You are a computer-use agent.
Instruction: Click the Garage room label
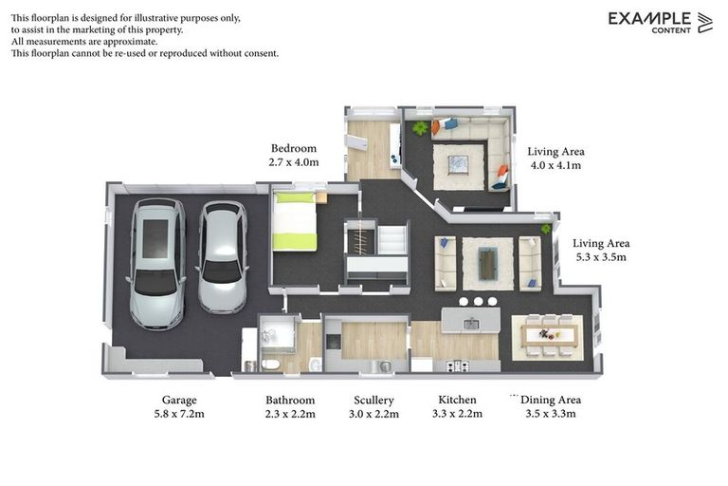179,400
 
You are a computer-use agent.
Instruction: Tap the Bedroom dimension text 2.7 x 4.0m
294,162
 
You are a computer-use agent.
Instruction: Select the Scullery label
373,400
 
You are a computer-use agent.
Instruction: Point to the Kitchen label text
457,400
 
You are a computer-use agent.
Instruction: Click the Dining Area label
551,400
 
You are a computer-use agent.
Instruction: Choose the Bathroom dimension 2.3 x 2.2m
290,414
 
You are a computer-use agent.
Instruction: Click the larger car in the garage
157,264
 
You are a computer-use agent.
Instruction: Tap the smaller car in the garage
223,257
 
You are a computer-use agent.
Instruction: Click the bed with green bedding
295,221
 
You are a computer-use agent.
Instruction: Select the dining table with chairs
547,335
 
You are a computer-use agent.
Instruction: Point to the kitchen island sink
471,324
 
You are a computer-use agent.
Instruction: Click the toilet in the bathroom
270,364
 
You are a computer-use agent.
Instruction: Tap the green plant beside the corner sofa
420,127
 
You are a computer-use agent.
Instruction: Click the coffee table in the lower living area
487,264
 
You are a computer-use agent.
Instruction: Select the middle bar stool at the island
478,301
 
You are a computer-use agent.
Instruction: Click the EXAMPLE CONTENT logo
660,23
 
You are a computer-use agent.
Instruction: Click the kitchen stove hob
457,366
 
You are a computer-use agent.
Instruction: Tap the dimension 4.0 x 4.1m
555,165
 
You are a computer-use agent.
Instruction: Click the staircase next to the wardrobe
393,240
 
